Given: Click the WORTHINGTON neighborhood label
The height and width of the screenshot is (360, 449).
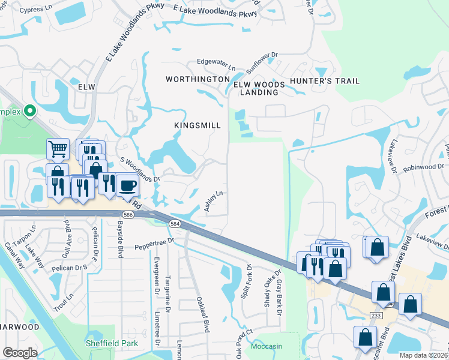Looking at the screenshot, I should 197,79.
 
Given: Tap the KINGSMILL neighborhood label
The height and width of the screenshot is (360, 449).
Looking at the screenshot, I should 197,125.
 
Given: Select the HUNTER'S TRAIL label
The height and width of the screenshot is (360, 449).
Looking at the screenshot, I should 324,81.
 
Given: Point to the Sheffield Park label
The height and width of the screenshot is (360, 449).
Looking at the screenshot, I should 112,344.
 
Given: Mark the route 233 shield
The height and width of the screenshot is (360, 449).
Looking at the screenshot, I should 376,314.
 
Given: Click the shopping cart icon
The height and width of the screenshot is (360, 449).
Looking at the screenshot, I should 57,148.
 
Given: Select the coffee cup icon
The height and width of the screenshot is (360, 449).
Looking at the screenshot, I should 127,185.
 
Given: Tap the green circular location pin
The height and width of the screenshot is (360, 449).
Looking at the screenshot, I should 29,111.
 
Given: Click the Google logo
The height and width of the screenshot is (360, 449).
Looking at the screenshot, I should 20,353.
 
